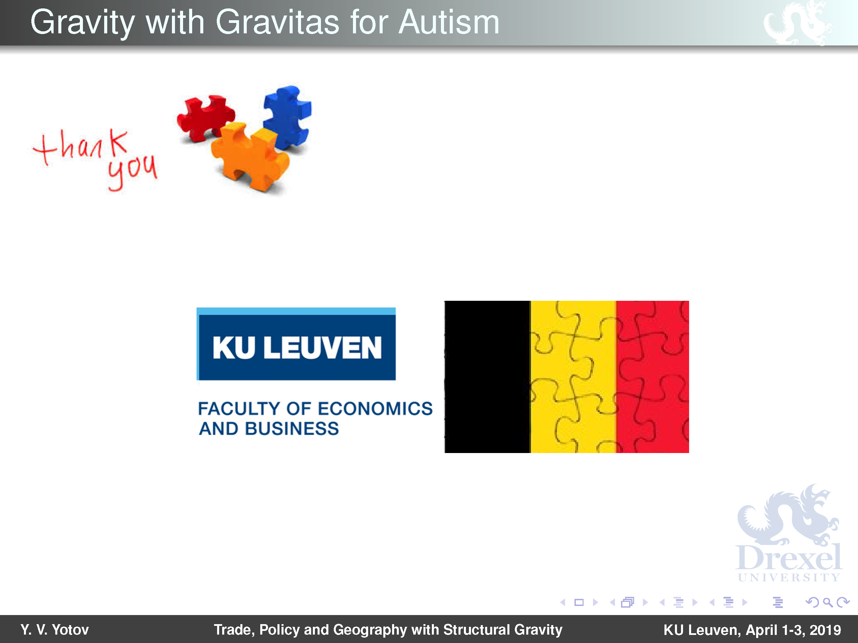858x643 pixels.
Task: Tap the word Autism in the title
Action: [449, 23]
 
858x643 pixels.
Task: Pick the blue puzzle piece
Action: [287, 116]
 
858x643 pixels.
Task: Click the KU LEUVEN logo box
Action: [296, 344]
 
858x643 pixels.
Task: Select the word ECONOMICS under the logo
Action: [375, 409]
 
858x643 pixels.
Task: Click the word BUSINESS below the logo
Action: [292, 429]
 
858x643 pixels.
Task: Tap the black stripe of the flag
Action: [487, 377]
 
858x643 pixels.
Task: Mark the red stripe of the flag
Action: [652, 377]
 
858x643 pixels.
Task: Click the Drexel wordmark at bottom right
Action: [789, 557]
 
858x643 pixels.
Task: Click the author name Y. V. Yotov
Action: [55, 630]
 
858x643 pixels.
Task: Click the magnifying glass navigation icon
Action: [828, 602]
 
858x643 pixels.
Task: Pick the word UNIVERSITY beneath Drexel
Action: [789, 578]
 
